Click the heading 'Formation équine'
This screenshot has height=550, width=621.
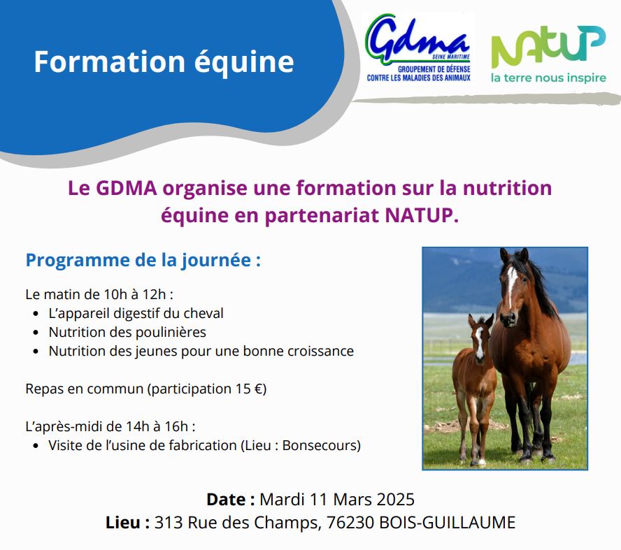point(164,62)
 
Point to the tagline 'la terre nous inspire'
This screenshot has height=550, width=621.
point(548,78)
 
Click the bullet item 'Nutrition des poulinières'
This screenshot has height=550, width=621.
point(127,332)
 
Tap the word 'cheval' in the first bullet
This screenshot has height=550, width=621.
point(204,313)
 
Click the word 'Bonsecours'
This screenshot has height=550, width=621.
point(319,446)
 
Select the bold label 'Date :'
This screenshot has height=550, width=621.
point(231,500)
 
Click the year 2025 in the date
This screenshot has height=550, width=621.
point(395,500)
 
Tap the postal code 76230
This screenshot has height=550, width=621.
point(350,523)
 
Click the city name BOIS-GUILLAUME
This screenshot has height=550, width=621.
point(448,523)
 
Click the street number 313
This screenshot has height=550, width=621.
point(169,523)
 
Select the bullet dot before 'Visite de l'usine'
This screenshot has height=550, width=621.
point(36,446)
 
